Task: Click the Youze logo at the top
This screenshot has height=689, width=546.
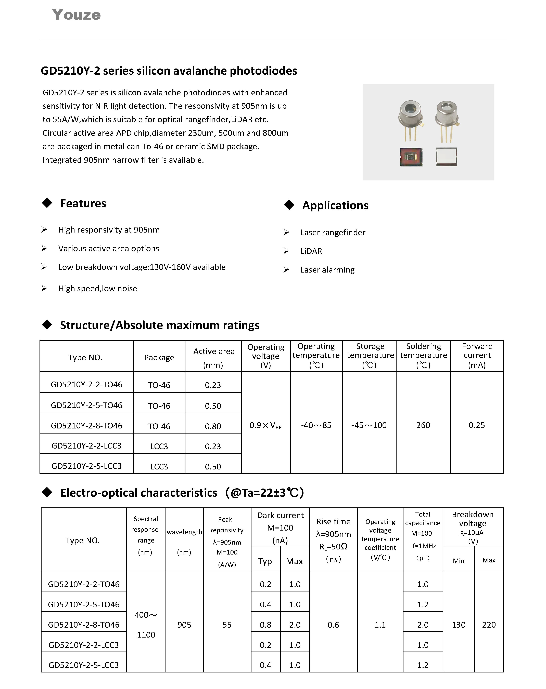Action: point(76,15)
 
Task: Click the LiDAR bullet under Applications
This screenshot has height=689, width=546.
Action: point(311,251)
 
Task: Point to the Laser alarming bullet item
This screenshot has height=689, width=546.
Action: point(327,270)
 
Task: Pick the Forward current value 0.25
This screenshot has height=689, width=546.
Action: point(477,425)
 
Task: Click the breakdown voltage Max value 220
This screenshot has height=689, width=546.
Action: point(489,625)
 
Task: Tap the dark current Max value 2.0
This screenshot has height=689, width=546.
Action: point(295,625)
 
